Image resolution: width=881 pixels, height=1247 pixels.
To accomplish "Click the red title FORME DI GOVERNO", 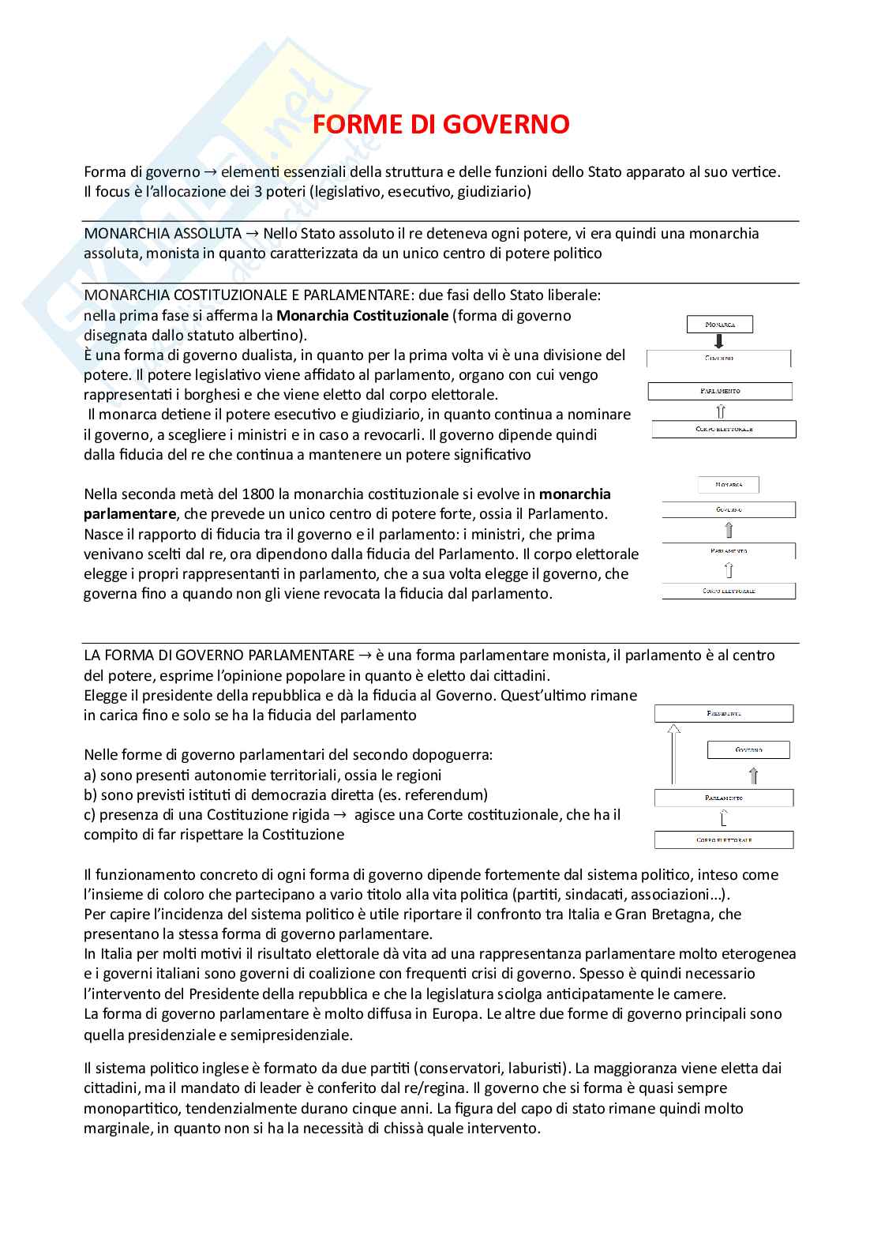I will [x=440, y=125].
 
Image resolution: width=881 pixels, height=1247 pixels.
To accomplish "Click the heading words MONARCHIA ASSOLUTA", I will [x=163, y=234].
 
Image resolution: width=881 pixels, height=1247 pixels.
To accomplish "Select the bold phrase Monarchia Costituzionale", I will [x=362, y=316].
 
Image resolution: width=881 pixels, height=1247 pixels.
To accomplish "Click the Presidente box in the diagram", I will [x=723, y=714].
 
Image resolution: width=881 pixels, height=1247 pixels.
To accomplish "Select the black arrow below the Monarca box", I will [x=719, y=341].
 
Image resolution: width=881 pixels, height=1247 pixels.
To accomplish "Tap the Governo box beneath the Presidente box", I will [x=748, y=749].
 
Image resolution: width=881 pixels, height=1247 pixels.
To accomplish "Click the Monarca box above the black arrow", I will [x=719, y=325].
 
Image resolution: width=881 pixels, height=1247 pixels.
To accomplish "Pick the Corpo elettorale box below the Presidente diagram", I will [x=723, y=840].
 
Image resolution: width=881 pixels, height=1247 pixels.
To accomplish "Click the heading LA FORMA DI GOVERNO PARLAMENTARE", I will [x=219, y=655].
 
